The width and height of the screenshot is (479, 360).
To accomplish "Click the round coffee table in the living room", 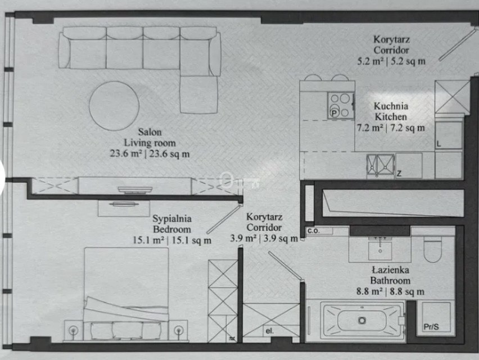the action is [114, 106].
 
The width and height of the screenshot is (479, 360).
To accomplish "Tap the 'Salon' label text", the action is [150, 132].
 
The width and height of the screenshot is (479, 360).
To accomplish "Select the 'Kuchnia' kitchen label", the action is [391, 106].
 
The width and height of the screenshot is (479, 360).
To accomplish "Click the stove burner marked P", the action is [335, 113].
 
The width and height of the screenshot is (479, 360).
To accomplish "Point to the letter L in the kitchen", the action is [439, 144].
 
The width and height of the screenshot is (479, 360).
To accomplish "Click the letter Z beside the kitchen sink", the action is [399, 174].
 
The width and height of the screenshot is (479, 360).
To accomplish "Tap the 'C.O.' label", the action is [313, 231].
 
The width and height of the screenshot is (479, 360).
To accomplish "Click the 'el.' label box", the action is [270, 331].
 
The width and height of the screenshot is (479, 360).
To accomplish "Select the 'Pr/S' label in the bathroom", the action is [431, 327].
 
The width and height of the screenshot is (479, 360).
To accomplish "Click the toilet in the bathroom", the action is [433, 249].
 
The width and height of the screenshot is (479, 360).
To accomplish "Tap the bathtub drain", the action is [362, 321].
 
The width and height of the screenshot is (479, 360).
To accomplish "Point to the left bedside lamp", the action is [73, 330].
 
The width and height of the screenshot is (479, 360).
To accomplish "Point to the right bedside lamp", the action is [179, 330].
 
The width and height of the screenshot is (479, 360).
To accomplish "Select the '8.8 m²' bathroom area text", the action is [369, 291].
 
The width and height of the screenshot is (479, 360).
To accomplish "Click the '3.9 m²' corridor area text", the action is [243, 238].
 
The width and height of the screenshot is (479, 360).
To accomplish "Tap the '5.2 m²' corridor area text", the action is [370, 61].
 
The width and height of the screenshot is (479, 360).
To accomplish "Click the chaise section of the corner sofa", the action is [199, 94].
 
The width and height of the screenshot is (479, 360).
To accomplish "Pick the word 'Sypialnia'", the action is [172, 218].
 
